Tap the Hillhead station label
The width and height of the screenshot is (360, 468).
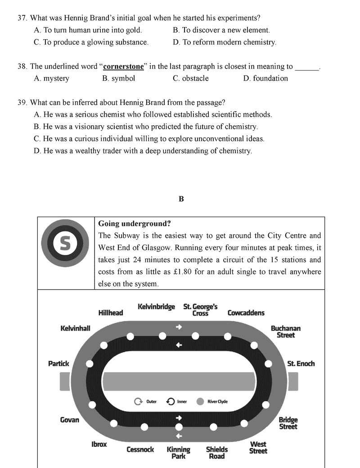click(110, 313)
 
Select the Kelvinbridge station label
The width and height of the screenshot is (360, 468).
click(156, 307)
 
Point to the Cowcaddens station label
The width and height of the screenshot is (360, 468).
click(246, 313)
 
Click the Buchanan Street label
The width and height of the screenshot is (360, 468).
click(285, 332)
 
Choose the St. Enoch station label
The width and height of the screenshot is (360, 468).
click(301, 363)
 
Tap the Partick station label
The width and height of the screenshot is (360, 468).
click(58, 363)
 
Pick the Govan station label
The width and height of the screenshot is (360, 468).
click(69, 420)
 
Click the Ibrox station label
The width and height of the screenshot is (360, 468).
click(99, 444)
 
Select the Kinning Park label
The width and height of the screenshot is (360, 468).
click(179, 453)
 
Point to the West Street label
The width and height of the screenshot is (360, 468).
click(258, 448)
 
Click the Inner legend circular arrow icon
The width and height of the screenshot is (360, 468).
click(171, 401)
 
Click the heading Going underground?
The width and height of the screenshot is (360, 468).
click(134, 223)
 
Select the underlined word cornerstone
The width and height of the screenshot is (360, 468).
click(123, 66)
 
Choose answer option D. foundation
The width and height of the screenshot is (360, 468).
click(265, 78)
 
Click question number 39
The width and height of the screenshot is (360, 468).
click(22, 103)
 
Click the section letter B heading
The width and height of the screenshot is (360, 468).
click(181, 199)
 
